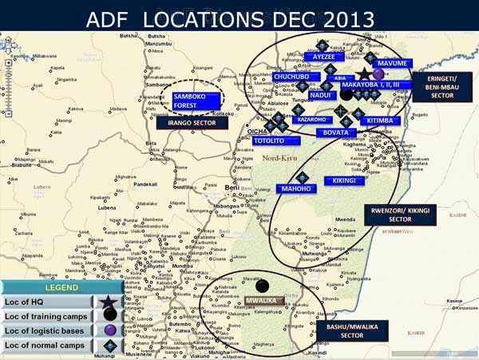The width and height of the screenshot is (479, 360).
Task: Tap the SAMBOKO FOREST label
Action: [x=191, y=100]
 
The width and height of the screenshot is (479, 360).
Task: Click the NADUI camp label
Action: [x=320, y=95]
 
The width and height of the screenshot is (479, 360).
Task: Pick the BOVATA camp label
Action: [x=336, y=132]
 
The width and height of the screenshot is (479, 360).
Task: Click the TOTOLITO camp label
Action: [x=270, y=140]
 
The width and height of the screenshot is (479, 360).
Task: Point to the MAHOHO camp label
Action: [x=295, y=189]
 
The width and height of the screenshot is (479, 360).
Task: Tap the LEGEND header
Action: [x=61, y=287]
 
